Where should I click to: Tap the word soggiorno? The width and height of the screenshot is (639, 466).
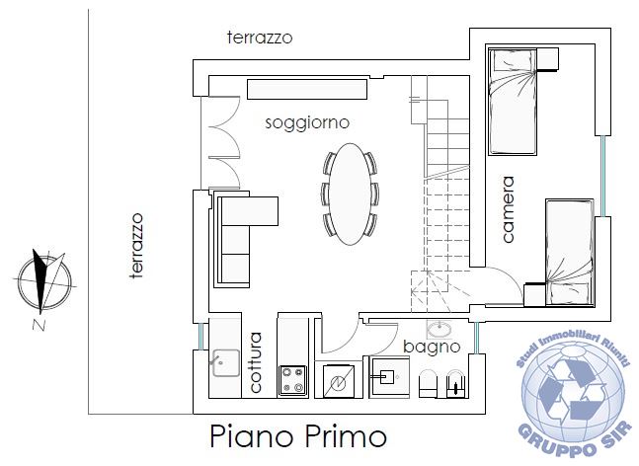point(307,122)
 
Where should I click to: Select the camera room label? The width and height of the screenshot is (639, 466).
point(508,209)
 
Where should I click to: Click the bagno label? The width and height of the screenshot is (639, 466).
point(432,348)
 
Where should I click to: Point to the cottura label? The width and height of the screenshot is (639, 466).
point(256,363)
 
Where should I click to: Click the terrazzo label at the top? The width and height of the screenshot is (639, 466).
point(259,38)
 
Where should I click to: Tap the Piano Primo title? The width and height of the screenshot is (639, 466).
point(297,435)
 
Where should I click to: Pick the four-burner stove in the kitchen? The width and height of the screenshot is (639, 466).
point(292,380)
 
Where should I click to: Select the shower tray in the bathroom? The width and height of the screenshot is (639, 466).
point(386,376)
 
